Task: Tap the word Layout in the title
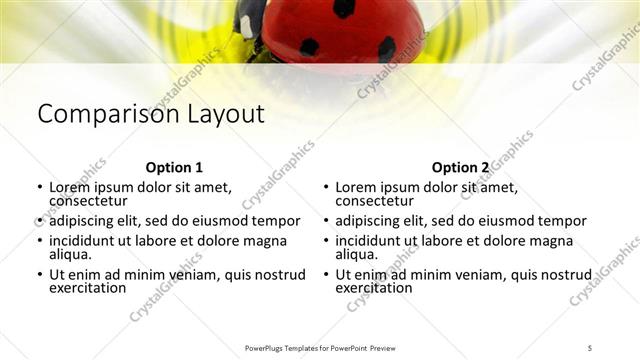(223, 114)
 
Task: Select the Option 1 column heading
(174, 167)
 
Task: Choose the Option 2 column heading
(461, 167)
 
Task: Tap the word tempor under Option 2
(562, 221)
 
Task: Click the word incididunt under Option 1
(85, 241)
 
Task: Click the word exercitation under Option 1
(88, 288)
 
